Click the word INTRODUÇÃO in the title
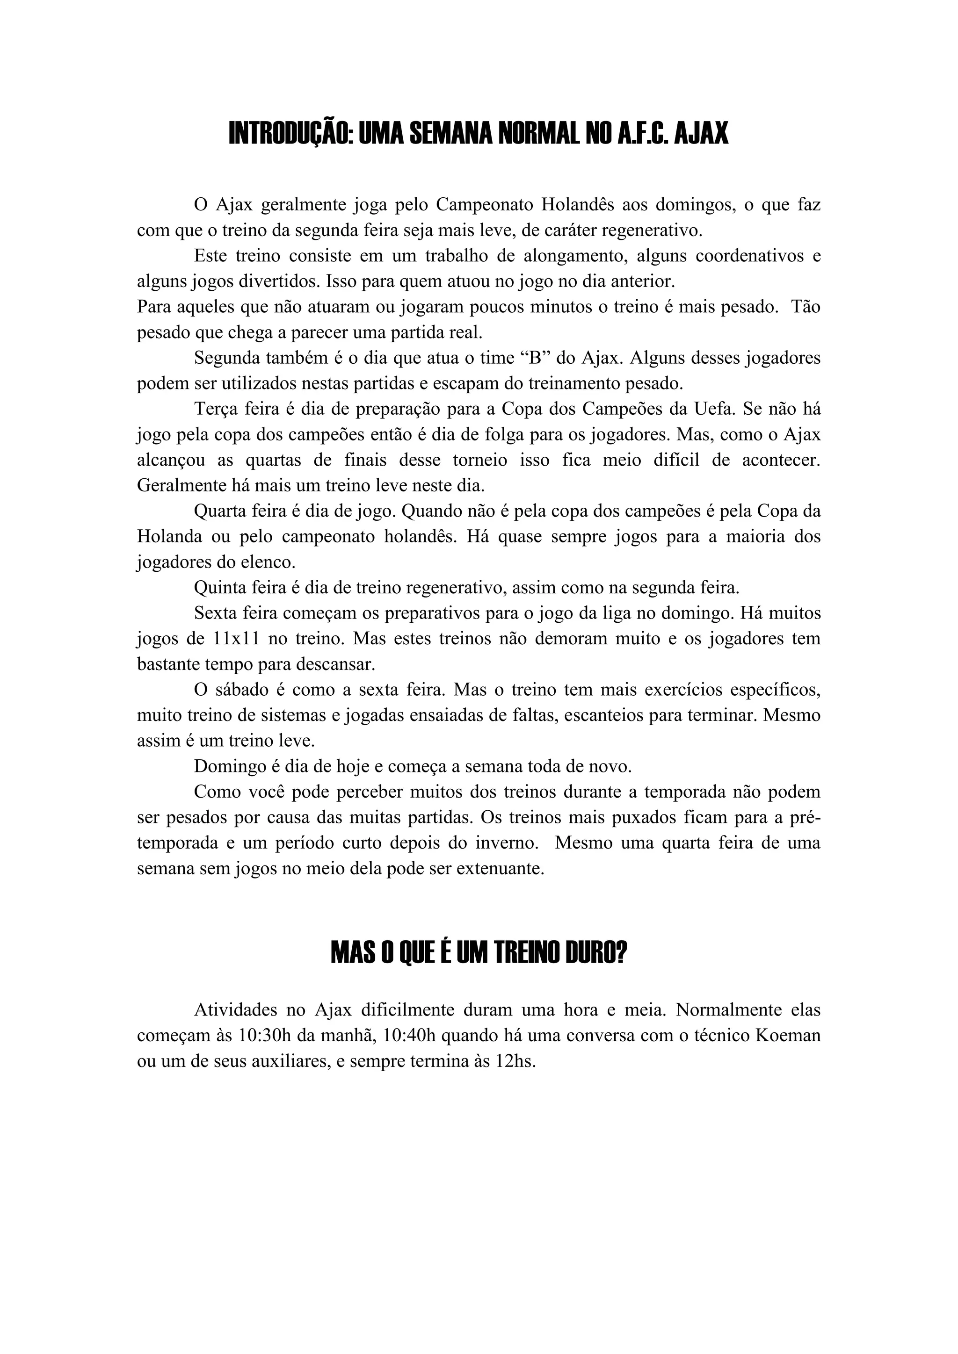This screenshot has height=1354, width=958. pyautogui.click(x=290, y=134)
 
